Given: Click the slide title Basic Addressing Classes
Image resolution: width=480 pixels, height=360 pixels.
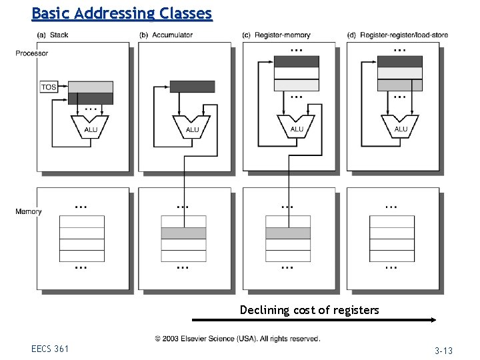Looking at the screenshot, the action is (x=122, y=13).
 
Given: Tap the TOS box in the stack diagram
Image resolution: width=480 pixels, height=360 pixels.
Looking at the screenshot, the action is (x=49, y=87).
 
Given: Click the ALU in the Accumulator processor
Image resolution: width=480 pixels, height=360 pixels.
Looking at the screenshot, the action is (x=192, y=128).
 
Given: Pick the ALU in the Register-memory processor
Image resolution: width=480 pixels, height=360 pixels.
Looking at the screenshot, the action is (x=297, y=128).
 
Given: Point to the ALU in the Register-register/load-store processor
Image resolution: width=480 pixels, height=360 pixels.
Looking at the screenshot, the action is (x=400, y=128).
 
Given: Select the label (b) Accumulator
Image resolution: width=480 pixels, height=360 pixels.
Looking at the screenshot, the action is (x=166, y=35).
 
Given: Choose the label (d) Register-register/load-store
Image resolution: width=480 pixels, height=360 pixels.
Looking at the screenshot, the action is (x=397, y=35).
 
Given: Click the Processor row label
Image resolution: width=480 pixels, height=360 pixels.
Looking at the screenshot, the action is (x=32, y=53).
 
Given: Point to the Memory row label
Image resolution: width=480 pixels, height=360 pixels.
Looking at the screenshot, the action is (x=29, y=211).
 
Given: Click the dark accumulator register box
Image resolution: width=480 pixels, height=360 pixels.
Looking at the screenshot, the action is (x=192, y=87).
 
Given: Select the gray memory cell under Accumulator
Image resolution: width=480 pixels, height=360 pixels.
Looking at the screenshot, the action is (x=183, y=233).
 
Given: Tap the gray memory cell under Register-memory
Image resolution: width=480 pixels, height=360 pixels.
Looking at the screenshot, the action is (x=288, y=233).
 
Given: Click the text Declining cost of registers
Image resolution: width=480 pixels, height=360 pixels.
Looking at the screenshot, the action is (x=309, y=310).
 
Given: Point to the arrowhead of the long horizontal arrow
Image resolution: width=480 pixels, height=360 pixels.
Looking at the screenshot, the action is (x=433, y=320).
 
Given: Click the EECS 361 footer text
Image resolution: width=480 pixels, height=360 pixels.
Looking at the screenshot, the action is (x=49, y=348).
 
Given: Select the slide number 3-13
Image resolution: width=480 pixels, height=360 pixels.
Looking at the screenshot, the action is (x=443, y=351).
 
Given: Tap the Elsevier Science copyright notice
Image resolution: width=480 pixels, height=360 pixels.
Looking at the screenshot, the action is (x=238, y=339).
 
